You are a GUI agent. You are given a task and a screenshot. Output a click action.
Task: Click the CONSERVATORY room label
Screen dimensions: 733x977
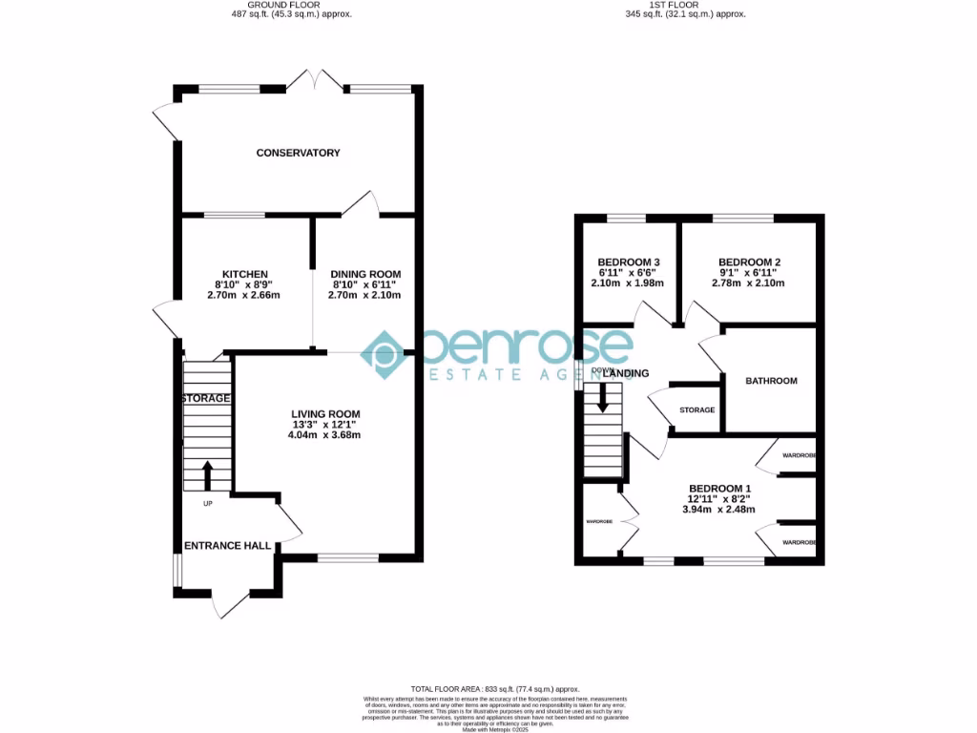298,153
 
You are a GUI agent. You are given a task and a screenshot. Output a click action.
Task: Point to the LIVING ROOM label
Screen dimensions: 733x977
325,413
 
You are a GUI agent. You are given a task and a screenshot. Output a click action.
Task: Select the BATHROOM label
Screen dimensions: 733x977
771,381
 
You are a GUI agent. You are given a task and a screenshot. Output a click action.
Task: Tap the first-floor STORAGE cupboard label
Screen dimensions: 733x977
696,409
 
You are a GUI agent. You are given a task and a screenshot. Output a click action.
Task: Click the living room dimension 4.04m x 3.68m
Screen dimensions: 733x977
325,435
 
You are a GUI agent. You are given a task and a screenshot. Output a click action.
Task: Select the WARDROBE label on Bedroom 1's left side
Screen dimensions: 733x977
598,522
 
